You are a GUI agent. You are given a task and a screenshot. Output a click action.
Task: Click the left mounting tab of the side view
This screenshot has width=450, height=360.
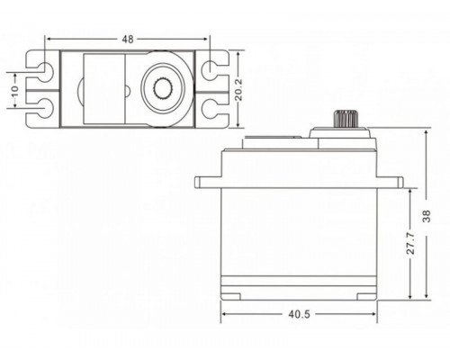click(206, 181)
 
